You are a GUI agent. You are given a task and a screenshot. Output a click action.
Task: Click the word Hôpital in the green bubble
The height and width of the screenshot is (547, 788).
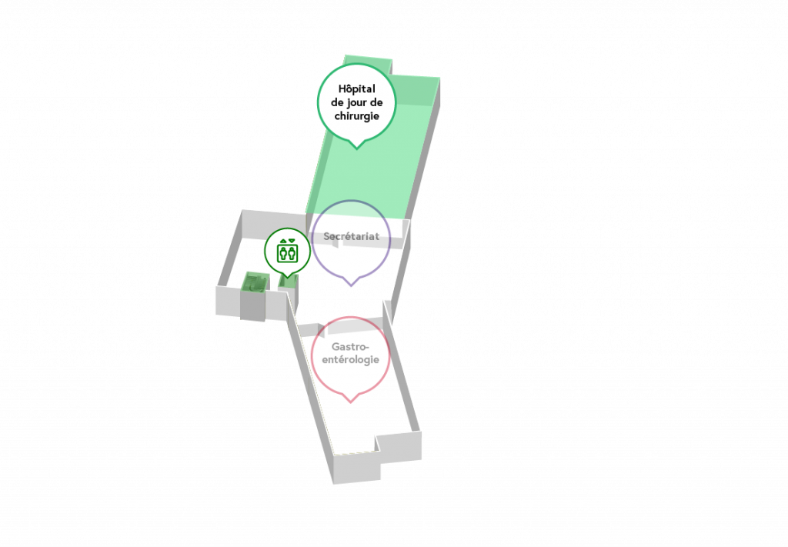357,89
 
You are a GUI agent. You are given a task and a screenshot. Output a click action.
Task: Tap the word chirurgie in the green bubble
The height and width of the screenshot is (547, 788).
357,116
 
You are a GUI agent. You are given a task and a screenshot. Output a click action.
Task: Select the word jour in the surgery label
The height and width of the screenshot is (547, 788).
357,102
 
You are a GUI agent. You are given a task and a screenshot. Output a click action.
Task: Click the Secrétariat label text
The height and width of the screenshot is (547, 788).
351,236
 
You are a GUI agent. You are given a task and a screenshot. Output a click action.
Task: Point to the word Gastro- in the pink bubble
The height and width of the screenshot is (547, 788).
350,346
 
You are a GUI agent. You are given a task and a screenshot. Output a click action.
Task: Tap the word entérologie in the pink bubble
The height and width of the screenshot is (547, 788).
350,359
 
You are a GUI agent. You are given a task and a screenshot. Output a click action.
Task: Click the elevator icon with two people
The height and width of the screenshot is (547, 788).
288,252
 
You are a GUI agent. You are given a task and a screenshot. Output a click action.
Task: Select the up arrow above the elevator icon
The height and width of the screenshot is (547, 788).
283,241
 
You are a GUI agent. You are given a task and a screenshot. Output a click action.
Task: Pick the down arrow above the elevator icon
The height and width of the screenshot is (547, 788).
292,241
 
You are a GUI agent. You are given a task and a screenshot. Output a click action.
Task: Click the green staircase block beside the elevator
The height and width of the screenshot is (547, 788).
255,282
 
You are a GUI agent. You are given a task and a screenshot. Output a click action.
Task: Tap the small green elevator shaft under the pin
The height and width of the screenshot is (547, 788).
289,282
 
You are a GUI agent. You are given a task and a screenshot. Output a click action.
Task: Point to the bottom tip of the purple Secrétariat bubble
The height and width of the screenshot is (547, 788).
351,286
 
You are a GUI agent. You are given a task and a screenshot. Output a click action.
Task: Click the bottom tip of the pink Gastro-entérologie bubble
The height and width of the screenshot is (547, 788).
351,402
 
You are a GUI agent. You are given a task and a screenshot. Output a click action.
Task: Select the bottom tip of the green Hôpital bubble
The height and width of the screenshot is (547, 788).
357,149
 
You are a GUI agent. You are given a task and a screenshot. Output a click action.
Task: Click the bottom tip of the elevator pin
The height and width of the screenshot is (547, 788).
287,278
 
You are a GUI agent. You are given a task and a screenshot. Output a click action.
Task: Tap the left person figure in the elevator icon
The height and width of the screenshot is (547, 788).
283,254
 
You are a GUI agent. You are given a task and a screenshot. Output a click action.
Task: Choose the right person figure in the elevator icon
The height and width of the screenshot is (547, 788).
292,254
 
